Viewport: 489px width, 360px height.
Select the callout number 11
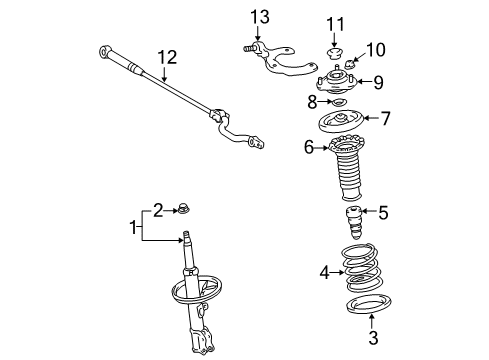point(335,22)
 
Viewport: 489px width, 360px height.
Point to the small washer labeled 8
point(338,103)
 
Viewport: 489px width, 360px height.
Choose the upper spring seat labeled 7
point(346,124)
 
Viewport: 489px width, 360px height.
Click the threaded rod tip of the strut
point(187,238)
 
